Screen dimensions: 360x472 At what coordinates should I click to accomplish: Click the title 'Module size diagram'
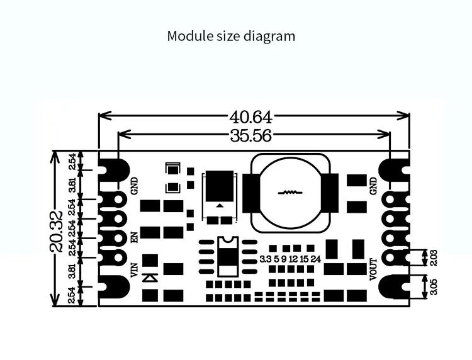pos(231,36)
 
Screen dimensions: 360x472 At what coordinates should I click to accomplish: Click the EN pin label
pos(133,238)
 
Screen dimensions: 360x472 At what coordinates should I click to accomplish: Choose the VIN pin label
pos(133,271)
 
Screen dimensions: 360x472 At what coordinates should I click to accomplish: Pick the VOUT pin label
pos(373,269)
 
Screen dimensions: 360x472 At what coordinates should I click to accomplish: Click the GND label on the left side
pos(133,186)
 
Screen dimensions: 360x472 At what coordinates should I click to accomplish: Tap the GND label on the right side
pos(373,185)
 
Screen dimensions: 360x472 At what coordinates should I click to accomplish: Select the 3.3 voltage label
pos(266,259)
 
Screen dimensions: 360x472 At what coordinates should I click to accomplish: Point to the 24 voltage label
pos(316,259)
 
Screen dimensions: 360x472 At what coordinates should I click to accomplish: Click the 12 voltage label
pos(293,259)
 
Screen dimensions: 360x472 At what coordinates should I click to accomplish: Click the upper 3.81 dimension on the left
pos(73,185)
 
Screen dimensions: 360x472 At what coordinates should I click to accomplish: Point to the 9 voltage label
pos(284,259)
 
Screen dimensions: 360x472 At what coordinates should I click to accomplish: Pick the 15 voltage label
pos(304,259)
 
